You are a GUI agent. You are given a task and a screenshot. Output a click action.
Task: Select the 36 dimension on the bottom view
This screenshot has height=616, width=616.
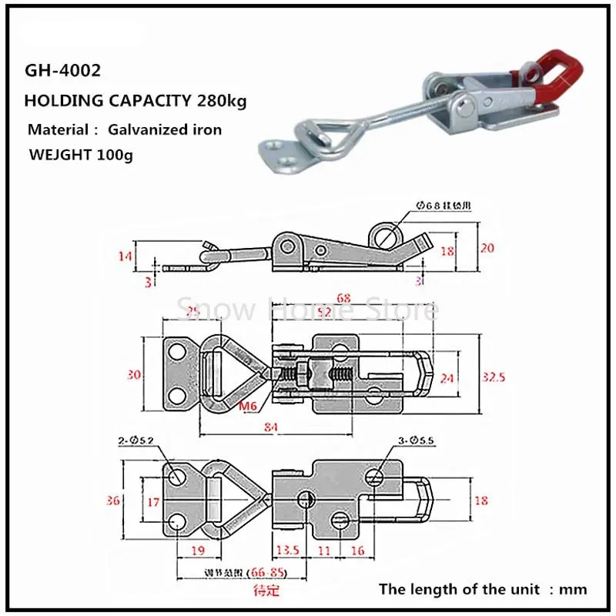tap(114, 501)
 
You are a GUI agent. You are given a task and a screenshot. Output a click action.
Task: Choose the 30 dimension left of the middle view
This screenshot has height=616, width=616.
tap(135, 375)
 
